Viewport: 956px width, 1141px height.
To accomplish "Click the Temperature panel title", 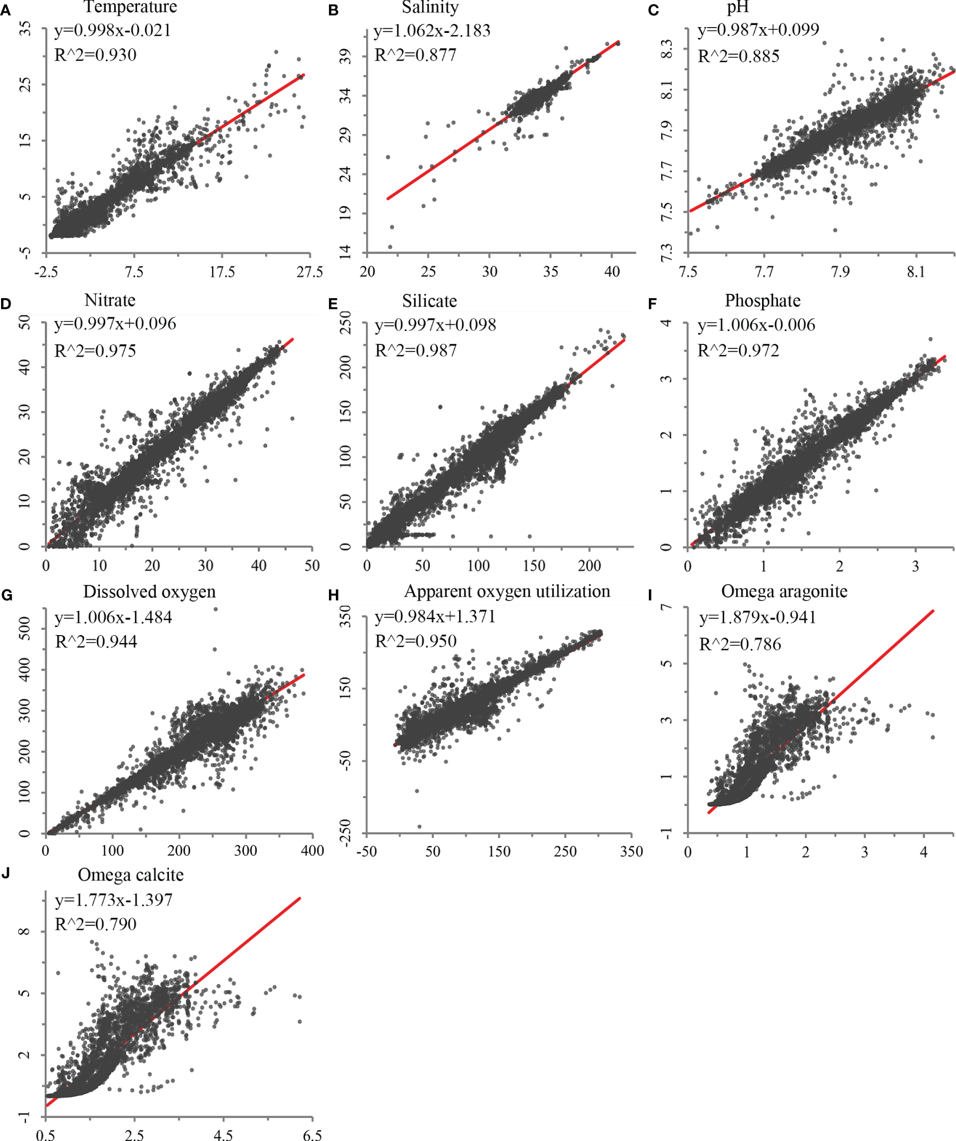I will (130, 7).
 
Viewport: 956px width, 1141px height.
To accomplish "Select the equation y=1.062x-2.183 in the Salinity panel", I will (432, 30).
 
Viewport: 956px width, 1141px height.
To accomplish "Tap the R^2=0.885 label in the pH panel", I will (738, 56).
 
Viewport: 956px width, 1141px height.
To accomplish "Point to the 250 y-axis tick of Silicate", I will (346, 322).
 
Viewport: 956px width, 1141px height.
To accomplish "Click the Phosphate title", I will (762, 300).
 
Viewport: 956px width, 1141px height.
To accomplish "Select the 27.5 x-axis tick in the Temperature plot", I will (310, 272).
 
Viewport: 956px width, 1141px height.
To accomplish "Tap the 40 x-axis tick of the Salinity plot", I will (612, 272).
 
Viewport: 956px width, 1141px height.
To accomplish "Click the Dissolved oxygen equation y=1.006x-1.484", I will (113, 617).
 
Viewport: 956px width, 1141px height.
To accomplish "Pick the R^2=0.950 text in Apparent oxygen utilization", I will (416, 641).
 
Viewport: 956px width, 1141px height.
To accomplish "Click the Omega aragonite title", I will (784, 591).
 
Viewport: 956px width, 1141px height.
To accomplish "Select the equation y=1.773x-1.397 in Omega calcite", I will (114, 900).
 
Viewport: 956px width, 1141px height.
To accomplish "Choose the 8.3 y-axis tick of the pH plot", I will (667, 49).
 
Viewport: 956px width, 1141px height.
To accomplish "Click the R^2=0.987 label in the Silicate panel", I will (416, 350).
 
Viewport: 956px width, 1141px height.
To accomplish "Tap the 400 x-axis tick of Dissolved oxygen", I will (312, 850).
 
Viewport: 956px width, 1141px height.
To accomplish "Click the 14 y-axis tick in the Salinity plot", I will (346, 251).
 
